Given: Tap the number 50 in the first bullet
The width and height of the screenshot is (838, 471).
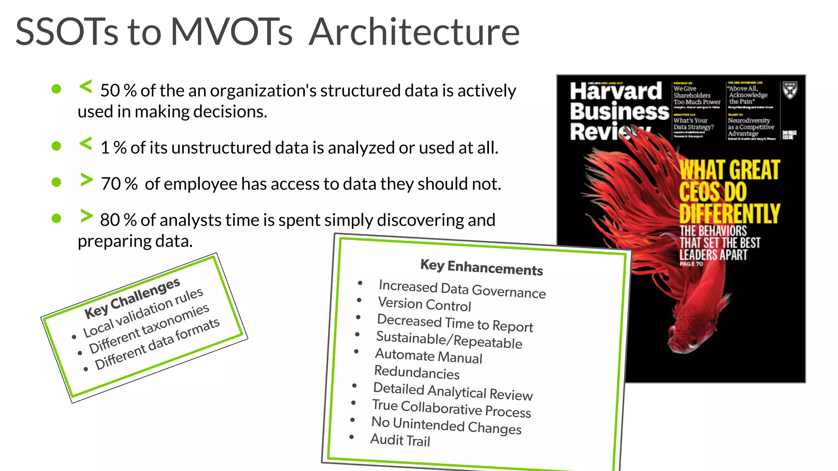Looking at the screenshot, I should [110, 91].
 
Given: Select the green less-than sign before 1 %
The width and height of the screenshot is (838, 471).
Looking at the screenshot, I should [86, 144].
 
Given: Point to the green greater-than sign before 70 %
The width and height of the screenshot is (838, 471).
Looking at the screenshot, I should [86, 180].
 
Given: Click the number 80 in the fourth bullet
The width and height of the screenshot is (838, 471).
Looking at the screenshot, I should [110, 220].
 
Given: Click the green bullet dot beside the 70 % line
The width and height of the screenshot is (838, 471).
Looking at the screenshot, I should [56, 182].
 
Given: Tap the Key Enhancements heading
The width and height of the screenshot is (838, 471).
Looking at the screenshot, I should [482, 268].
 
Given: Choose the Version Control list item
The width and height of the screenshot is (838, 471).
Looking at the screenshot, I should [424, 304].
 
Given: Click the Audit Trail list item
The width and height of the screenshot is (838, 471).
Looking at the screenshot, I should [400, 440].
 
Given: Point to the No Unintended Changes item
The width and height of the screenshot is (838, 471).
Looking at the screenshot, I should [446, 425].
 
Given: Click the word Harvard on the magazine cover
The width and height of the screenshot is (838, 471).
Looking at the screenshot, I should [615, 91].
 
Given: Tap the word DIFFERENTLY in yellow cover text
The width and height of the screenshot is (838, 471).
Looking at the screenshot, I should [730, 214].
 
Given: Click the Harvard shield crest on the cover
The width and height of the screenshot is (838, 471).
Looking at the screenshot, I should [790, 91].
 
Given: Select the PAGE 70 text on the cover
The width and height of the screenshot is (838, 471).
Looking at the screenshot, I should [691, 264].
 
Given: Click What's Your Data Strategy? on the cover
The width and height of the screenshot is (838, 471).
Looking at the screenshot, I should [693, 124].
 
